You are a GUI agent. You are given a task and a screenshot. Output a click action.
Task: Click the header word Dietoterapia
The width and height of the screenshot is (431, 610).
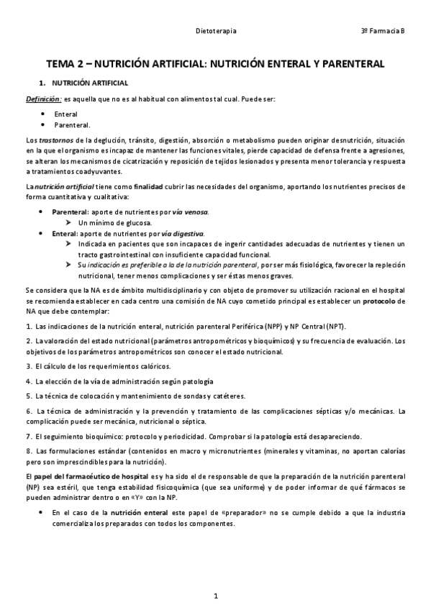click(x=217, y=32)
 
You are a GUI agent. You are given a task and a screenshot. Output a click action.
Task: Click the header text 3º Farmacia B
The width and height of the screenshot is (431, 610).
click(x=383, y=32)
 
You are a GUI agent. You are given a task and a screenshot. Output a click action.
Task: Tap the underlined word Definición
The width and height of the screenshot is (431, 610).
click(x=43, y=99)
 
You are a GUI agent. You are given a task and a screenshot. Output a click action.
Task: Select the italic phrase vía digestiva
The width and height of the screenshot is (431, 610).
click(x=183, y=234)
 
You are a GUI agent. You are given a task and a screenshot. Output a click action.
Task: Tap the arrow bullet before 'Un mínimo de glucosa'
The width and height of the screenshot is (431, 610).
click(x=70, y=223)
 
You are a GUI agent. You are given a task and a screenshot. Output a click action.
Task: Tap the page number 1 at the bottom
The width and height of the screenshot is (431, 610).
click(x=216, y=596)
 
